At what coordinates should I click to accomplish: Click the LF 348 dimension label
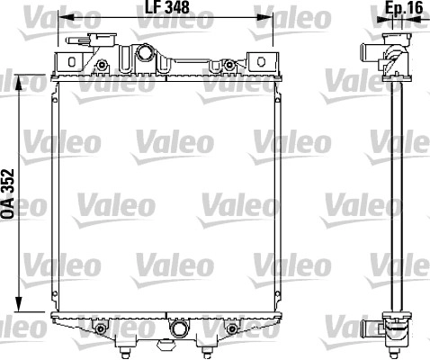pyautogui.click(x=167, y=7)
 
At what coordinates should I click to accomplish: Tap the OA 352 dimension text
pyautogui.click(x=8, y=193)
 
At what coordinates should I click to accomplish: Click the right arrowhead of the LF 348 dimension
pyautogui.click(x=264, y=17)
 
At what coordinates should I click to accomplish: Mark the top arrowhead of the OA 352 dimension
pyautogui.click(x=19, y=82)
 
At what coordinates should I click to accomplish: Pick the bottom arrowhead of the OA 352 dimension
pyautogui.click(x=19, y=304)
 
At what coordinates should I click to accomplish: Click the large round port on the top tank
pyautogui.click(x=145, y=52)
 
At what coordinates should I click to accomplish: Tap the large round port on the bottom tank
pyautogui.click(x=179, y=328)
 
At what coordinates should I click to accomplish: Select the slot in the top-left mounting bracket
pyautogui.click(x=71, y=62)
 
